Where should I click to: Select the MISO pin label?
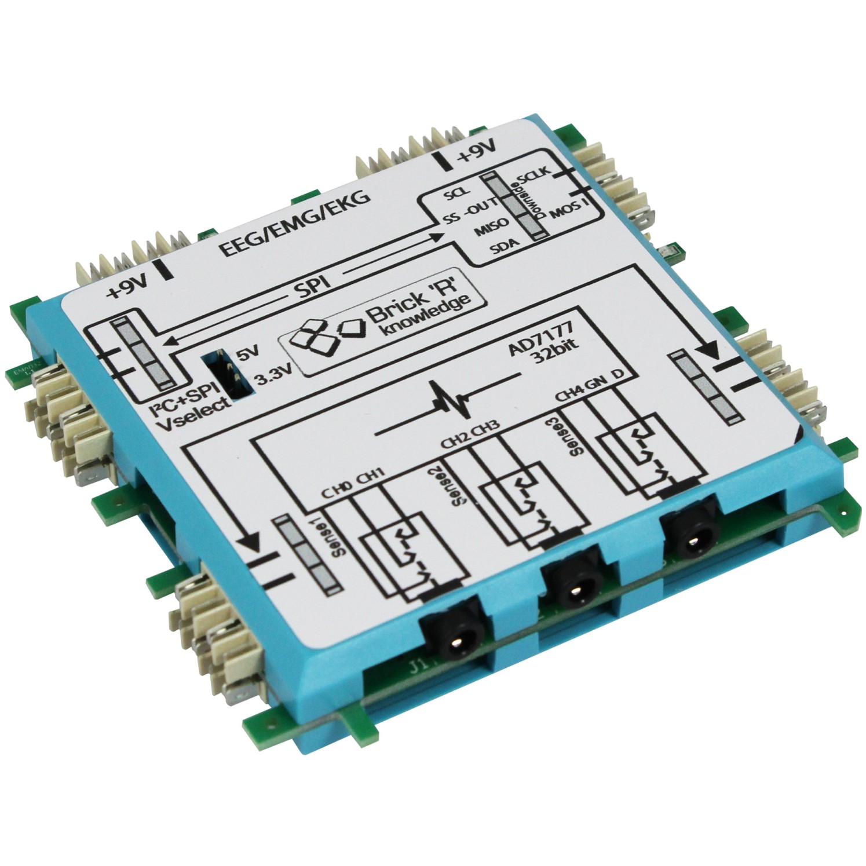[491, 225]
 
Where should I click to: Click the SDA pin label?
[503, 248]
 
